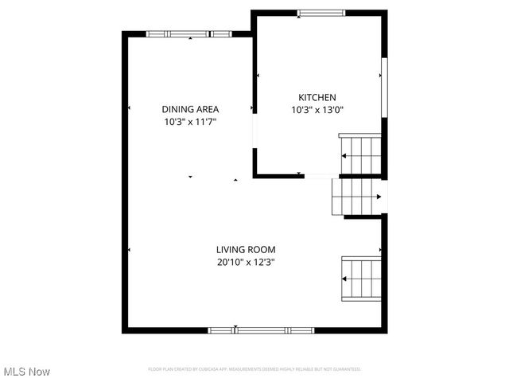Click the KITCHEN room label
tap(317, 97)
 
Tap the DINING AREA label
tap(190, 109)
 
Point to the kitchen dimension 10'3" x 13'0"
tap(317, 111)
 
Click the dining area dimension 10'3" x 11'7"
tap(190, 123)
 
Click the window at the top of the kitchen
tap(322, 12)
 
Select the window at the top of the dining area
tap(189, 33)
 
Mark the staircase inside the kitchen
tap(360, 154)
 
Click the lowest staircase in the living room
tap(361, 278)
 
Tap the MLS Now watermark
tap(27, 372)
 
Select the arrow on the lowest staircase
tap(345, 279)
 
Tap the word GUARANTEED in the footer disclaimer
tap(348, 369)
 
